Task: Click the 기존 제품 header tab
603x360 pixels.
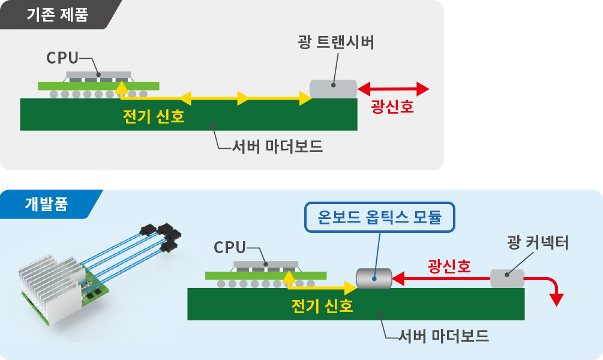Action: [57, 14]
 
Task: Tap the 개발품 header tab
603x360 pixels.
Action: [46, 204]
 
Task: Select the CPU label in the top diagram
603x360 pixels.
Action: [62, 58]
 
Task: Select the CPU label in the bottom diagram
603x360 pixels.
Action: [230, 247]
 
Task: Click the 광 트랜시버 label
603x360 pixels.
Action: [335, 43]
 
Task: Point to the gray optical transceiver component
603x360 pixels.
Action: [333, 89]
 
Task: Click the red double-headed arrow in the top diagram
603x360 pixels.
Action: [393, 89]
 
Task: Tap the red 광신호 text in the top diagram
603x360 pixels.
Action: [393, 107]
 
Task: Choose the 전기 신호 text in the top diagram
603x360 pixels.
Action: [153, 116]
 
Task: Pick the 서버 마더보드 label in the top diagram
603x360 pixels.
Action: [277, 146]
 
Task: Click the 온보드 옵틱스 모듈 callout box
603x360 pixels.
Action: [380, 218]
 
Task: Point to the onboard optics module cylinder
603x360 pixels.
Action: [373, 278]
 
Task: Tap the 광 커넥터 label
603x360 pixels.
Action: [538, 243]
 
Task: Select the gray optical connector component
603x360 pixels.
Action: [507, 278]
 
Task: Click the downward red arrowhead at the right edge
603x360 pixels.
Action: [558, 298]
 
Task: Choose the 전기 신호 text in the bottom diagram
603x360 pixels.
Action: [322, 306]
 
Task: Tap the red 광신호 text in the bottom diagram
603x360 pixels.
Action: [448, 265]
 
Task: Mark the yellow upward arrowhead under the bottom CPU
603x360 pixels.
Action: [289, 276]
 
